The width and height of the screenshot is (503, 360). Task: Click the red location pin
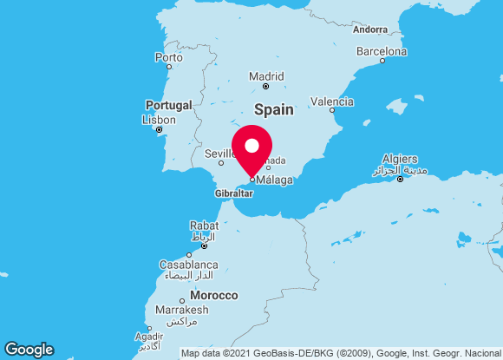tap(252, 147)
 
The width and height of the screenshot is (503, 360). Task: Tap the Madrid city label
tap(266, 76)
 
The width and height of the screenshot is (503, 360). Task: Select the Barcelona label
tap(382, 51)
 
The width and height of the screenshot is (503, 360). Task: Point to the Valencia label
tap(331, 101)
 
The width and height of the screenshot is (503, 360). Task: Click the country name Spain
tap(273, 110)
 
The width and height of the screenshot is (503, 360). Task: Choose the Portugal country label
tap(168, 105)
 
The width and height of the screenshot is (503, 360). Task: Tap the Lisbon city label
tap(159, 120)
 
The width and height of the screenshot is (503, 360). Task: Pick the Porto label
tap(168, 57)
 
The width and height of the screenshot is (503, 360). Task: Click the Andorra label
tap(370, 29)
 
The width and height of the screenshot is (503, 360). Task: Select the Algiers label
tap(400, 160)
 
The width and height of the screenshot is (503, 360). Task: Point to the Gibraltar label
tap(233, 193)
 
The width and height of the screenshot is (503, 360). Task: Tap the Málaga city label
tap(275, 180)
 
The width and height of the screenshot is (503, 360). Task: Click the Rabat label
tap(204, 226)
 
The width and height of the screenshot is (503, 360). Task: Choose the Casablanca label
tap(188, 265)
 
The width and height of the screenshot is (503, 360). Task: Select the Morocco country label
tap(214, 296)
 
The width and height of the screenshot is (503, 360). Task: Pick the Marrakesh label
tap(182, 310)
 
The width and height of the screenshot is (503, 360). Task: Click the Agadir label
tap(149, 337)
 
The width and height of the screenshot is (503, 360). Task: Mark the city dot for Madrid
tap(266, 86)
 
